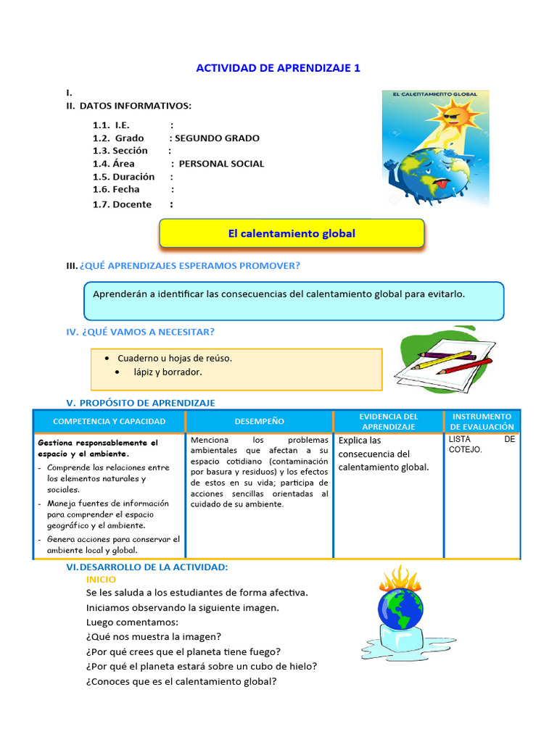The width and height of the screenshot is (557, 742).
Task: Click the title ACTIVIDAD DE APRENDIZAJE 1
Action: [278, 68]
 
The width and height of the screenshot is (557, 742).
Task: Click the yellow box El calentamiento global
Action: [292, 233]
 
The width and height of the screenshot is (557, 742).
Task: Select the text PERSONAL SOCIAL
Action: [221, 164]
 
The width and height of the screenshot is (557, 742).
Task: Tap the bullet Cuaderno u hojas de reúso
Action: [175, 358]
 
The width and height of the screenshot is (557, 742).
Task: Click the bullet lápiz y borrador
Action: [168, 372]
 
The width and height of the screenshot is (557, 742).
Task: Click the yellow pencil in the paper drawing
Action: [442, 360]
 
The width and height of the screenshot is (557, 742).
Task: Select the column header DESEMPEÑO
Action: [260, 421]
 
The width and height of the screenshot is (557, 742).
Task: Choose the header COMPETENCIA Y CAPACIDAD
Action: [110, 421]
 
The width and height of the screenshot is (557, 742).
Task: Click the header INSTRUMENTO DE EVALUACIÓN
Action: [482, 422]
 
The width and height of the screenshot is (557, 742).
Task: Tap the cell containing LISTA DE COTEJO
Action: [482, 444]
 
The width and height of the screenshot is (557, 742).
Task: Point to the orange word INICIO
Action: [101, 580]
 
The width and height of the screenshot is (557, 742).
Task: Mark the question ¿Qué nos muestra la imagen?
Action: [153, 637]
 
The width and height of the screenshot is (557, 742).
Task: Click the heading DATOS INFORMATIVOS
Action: [136, 106]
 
